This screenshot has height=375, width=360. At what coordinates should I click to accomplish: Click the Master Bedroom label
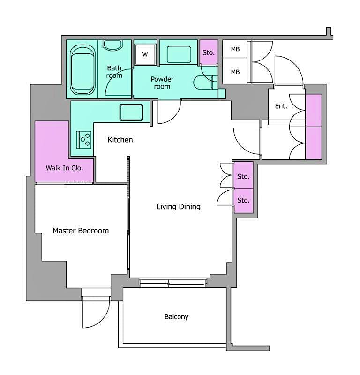[x=81, y=231]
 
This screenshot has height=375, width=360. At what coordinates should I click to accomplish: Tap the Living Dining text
[x=178, y=207]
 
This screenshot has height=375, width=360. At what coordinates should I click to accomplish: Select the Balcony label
[x=176, y=317]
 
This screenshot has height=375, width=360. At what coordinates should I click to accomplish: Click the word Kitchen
[x=120, y=140]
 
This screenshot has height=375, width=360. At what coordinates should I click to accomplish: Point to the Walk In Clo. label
[x=64, y=168]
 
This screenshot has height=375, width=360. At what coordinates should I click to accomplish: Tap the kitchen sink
[x=131, y=112]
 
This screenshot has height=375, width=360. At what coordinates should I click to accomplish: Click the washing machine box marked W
[x=145, y=54]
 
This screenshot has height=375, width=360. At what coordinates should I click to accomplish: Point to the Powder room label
[x=162, y=82]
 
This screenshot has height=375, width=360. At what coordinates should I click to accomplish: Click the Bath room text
[x=114, y=72]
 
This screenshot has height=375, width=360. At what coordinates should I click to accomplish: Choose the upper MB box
[x=235, y=49]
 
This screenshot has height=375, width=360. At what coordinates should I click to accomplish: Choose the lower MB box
[x=235, y=72]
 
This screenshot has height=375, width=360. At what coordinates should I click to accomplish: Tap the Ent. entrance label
[x=281, y=106]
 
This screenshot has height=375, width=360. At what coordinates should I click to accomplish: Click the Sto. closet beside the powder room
[x=209, y=53]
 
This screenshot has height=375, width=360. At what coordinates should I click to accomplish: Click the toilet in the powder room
[x=204, y=82]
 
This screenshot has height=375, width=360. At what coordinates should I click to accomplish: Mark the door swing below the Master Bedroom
[x=95, y=313]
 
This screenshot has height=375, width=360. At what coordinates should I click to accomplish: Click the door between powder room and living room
[x=169, y=110]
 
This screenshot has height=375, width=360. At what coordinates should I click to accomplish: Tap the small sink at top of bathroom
[x=112, y=45]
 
